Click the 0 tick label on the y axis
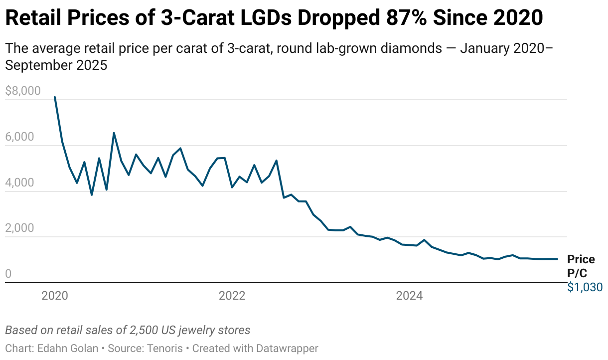(x=8, y=274)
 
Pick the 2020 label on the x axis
(x=55, y=296)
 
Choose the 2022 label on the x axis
(x=232, y=296)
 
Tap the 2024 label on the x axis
(x=409, y=296)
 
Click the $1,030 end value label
(x=585, y=287)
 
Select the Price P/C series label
(x=581, y=266)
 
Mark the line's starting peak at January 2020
(x=55, y=97)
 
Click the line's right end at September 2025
(x=557, y=259)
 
